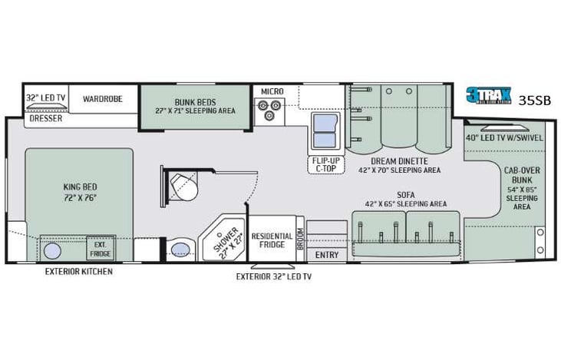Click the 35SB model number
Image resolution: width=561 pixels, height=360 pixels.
(x=534, y=100)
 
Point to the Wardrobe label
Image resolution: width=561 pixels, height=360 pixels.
(x=103, y=98)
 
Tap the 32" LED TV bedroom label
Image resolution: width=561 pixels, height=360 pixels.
(x=45, y=98)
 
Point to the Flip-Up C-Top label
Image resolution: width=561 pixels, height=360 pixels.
(x=326, y=164)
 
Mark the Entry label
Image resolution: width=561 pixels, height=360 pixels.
(x=327, y=255)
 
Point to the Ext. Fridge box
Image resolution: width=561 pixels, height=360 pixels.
(x=98, y=248)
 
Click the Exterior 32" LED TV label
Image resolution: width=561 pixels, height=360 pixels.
(x=273, y=276)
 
